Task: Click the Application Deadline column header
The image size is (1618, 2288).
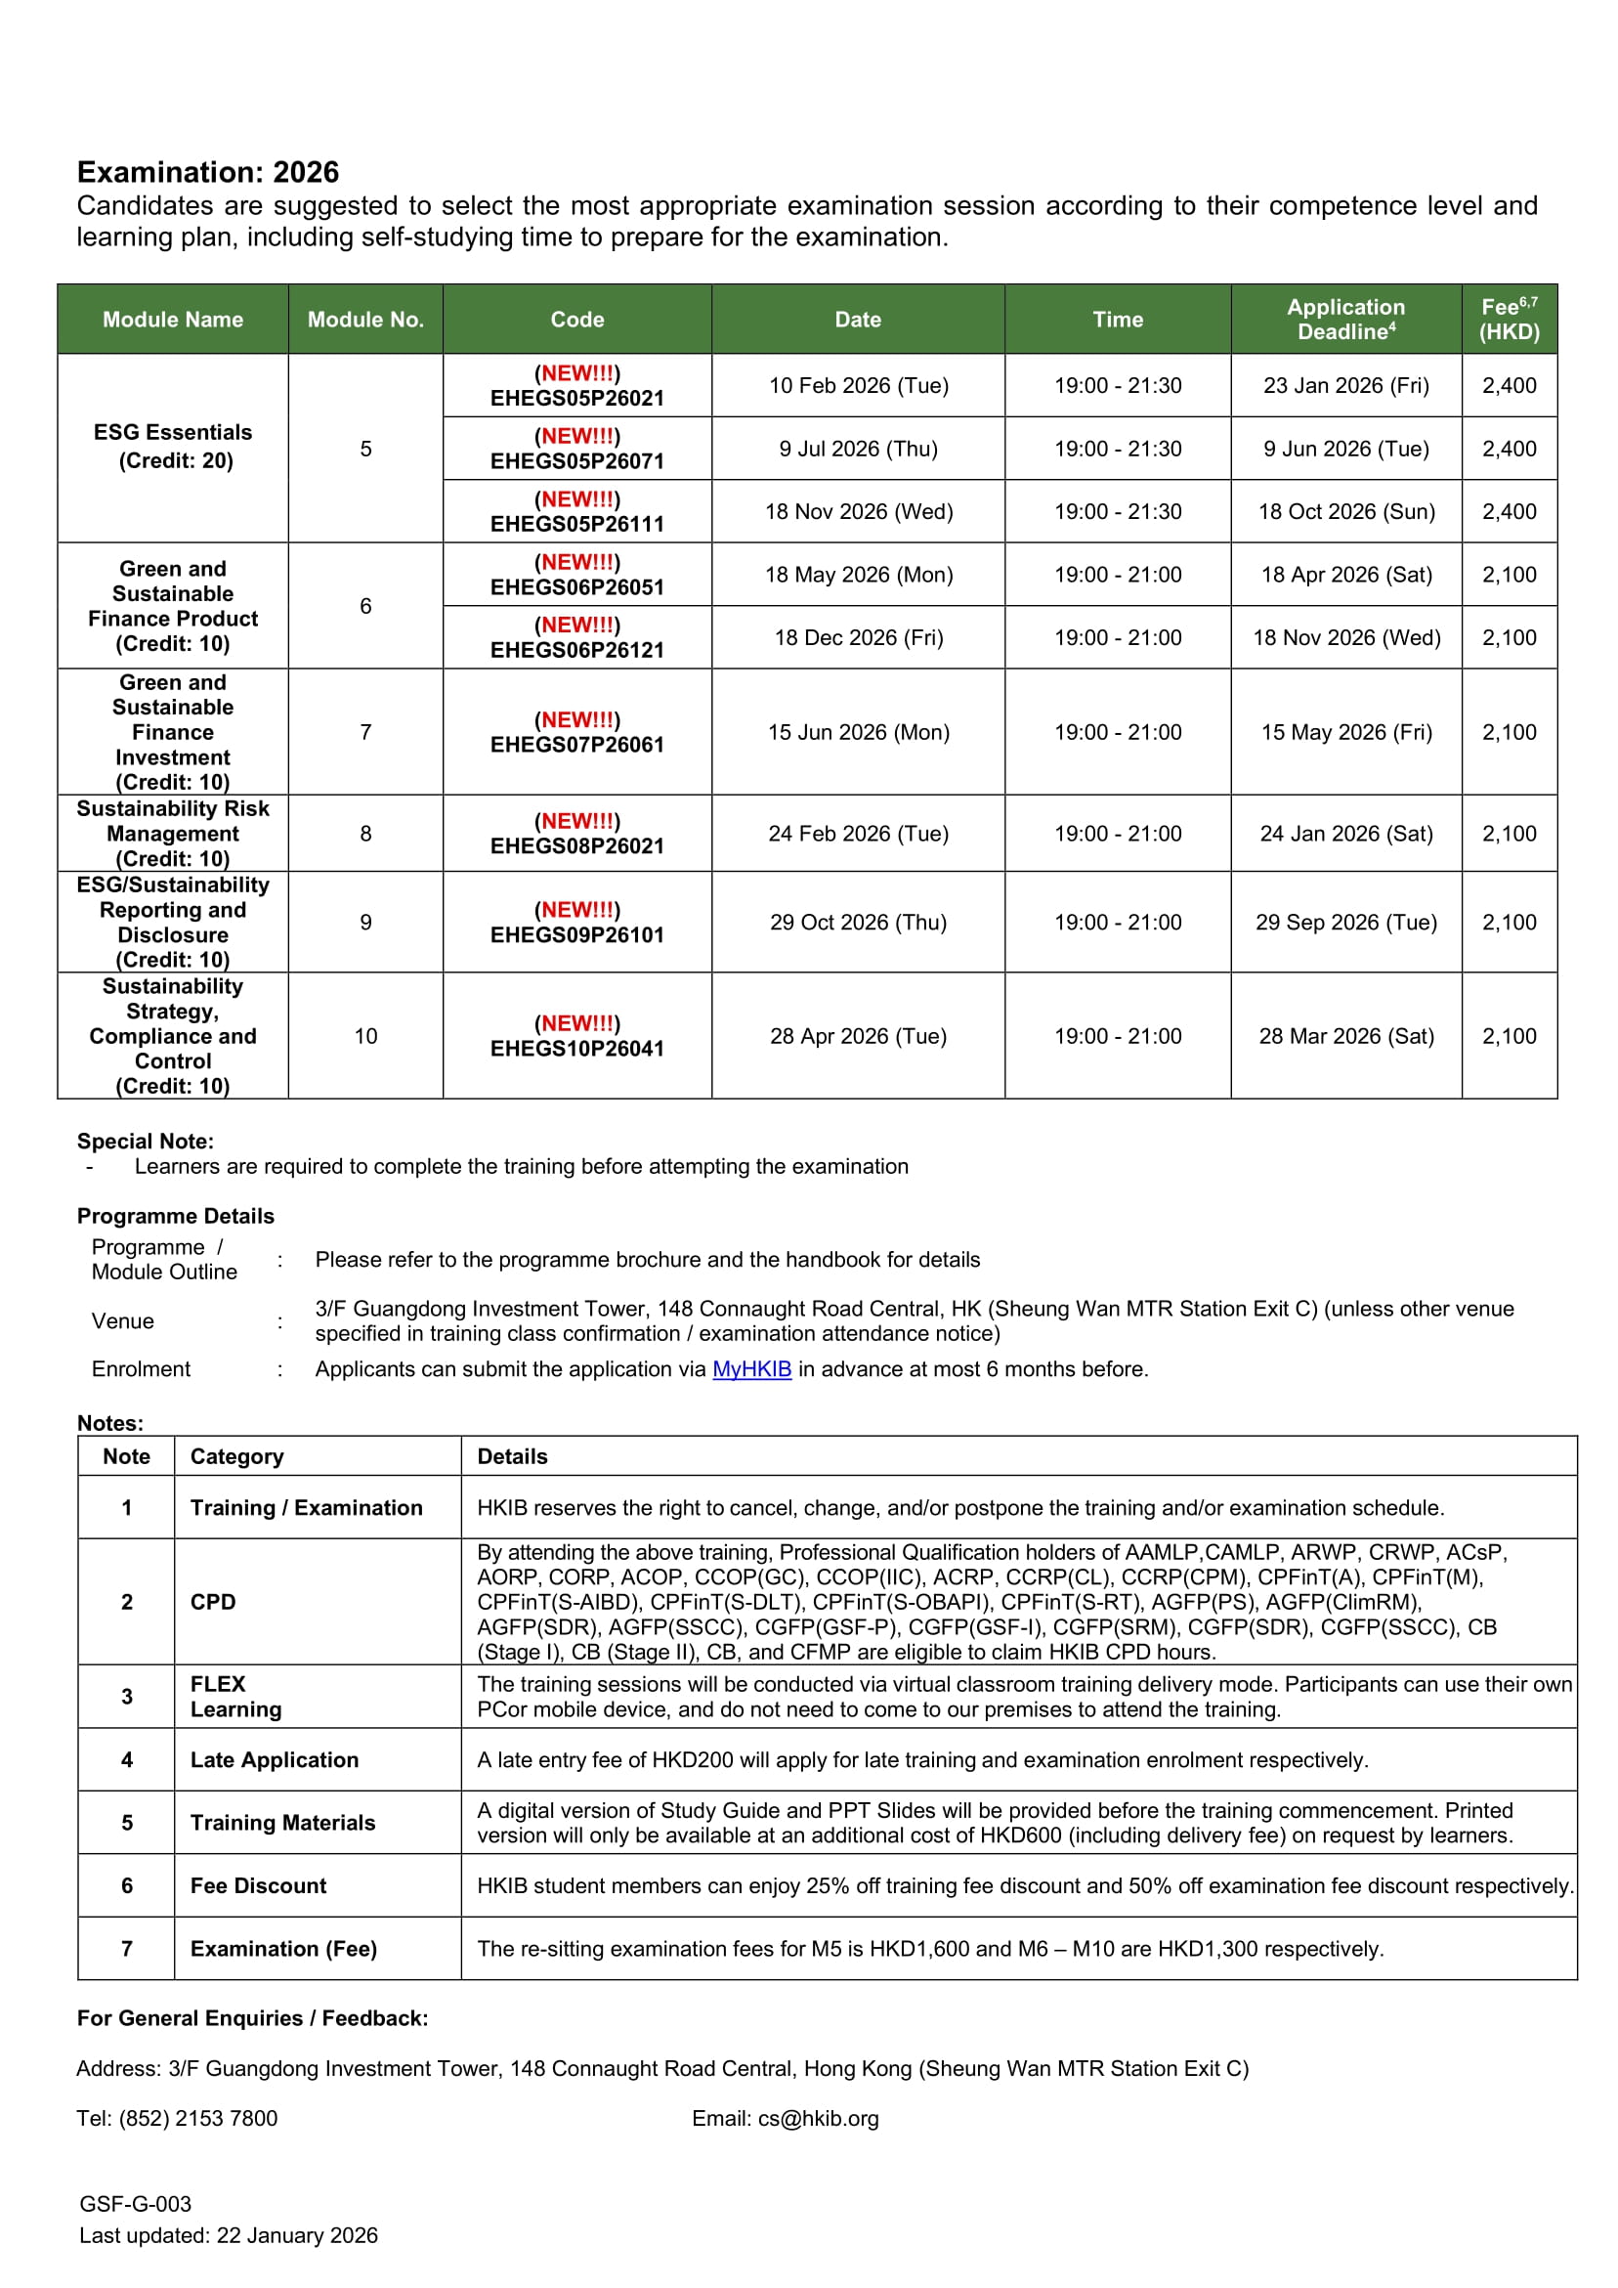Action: click(1345, 319)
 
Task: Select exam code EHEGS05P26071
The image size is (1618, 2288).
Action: click(576, 460)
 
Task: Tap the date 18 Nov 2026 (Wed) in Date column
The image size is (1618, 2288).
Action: click(858, 511)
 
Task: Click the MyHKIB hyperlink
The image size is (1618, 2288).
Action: click(751, 1369)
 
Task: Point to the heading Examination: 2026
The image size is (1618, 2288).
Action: click(208, 172)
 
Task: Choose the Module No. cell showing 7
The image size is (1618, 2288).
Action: click(365, 732)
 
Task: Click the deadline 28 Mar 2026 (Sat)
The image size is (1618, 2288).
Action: click(1345, 1036)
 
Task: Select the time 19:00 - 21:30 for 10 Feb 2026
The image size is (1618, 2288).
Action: click(1117, 386)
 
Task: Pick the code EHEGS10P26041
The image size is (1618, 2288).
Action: click(576, 1049)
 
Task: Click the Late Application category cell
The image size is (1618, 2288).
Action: click(274, 1760)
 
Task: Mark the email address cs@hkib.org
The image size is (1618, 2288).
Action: click(818, 2119)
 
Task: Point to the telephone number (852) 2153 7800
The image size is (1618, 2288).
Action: click(197, 2119)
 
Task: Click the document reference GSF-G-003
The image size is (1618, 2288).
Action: click(136, 2204)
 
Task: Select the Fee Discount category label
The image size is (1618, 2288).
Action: click(258, 1885)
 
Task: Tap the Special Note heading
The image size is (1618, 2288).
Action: click(146, 1141)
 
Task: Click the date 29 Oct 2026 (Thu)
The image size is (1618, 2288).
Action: click(858, 923)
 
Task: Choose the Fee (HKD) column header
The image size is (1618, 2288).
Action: click(1509, 319)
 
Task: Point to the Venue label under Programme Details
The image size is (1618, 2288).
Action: click(122, 1321)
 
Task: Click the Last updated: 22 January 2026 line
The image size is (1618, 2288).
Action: click(229, 2235)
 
